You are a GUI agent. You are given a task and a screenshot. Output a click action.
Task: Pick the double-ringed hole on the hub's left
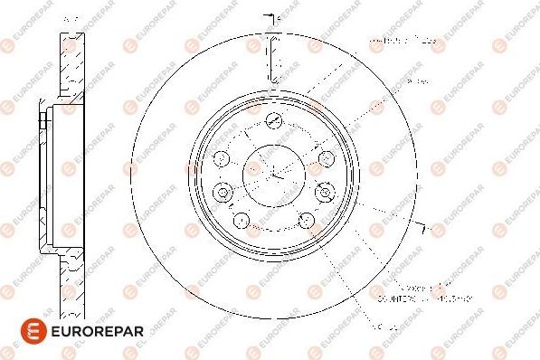click(x=221, y=191)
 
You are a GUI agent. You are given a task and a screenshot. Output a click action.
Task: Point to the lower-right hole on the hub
click(x=305, y=219)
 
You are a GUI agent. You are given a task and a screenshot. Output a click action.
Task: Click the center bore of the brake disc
click(x=272, y=171)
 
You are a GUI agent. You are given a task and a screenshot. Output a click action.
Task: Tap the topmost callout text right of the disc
click(x=402, y=42)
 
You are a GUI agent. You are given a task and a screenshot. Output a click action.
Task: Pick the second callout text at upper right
click(x=416, y=82)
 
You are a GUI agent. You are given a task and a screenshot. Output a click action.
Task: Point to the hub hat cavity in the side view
click(x=68, y=171)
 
